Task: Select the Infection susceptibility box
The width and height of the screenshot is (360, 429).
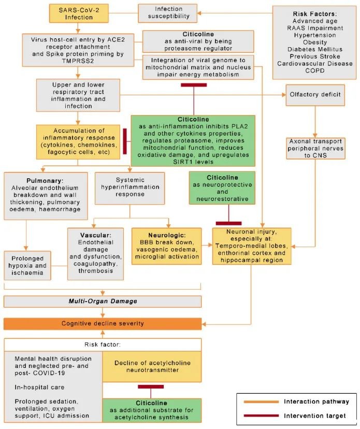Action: click(x=168, y=13)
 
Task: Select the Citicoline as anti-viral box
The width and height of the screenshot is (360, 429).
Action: click(x=198, y=40)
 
